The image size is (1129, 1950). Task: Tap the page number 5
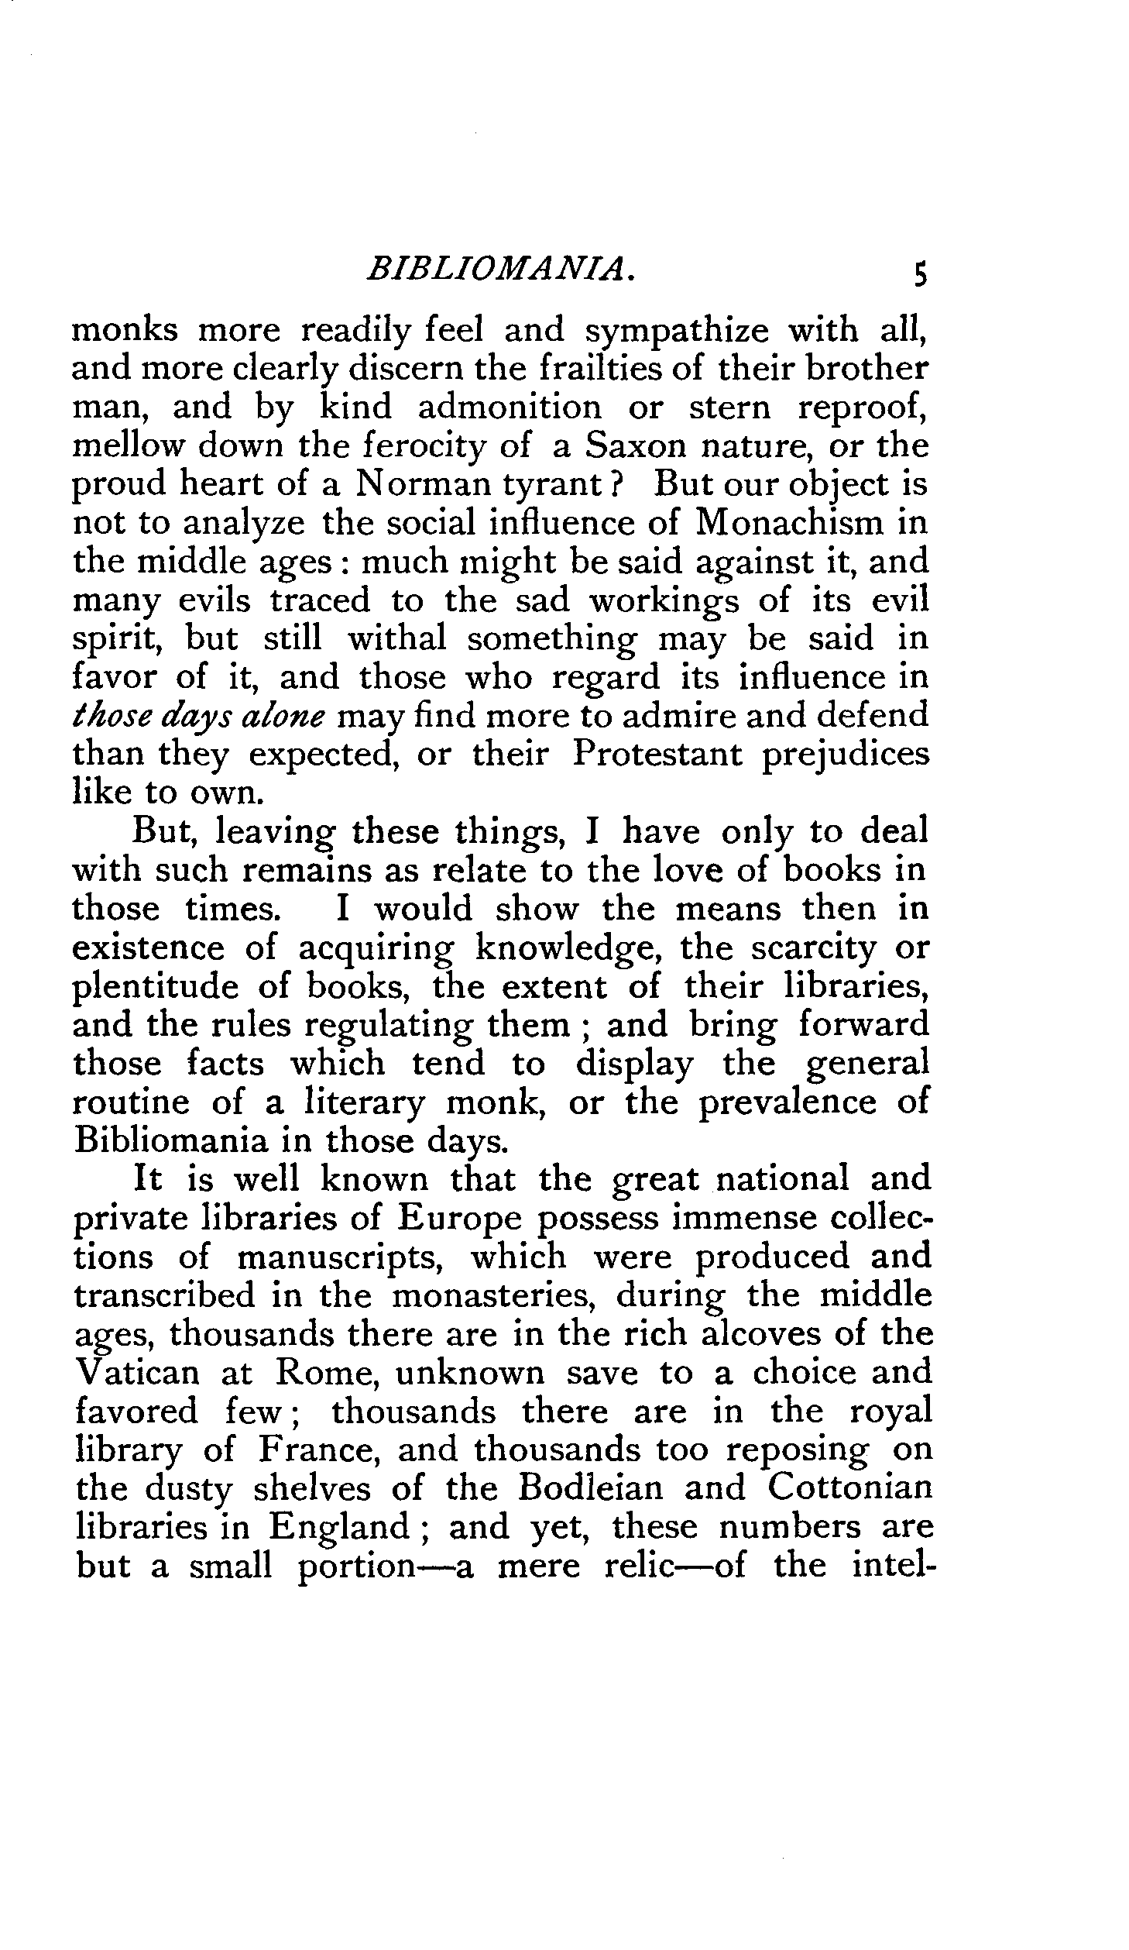919,275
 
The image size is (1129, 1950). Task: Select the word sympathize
677,331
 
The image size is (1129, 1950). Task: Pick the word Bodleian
593,1489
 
